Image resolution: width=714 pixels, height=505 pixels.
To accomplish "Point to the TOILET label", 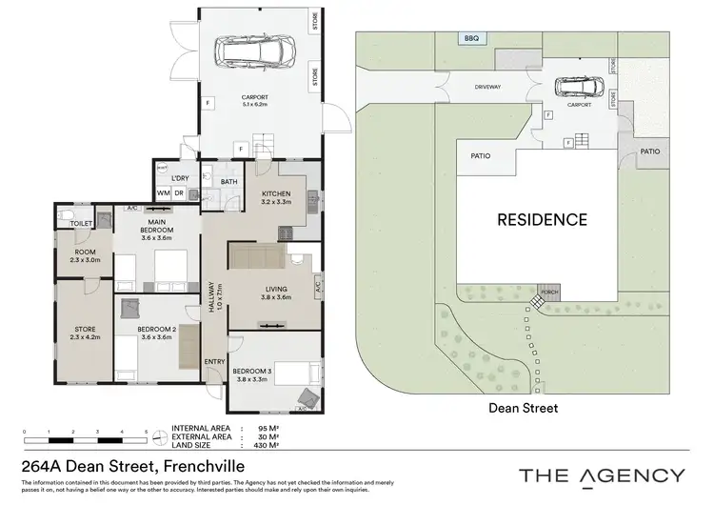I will point(81,223).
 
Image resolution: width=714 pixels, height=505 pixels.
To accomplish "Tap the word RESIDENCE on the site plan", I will point(542,219).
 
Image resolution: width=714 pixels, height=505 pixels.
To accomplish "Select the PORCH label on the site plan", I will point(548,292).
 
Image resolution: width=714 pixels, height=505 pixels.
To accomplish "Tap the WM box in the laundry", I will point(163,193).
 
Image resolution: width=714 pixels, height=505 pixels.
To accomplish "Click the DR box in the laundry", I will point(179,193).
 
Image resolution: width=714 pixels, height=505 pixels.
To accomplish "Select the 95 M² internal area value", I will point(267,429).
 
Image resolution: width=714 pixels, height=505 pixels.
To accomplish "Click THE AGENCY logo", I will point(601,475).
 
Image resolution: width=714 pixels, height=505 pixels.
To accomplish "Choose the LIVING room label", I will point(275,292).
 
